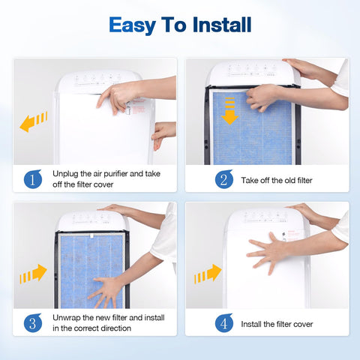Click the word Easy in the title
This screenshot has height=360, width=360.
pos(133,25)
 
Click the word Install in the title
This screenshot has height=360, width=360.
pos(218,25)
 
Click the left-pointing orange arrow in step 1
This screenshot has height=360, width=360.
pos(34,121)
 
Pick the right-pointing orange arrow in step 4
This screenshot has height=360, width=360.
pos(208,274)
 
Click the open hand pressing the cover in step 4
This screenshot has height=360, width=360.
pos(270,250)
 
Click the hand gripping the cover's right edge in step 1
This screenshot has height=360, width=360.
pos(163,133)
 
